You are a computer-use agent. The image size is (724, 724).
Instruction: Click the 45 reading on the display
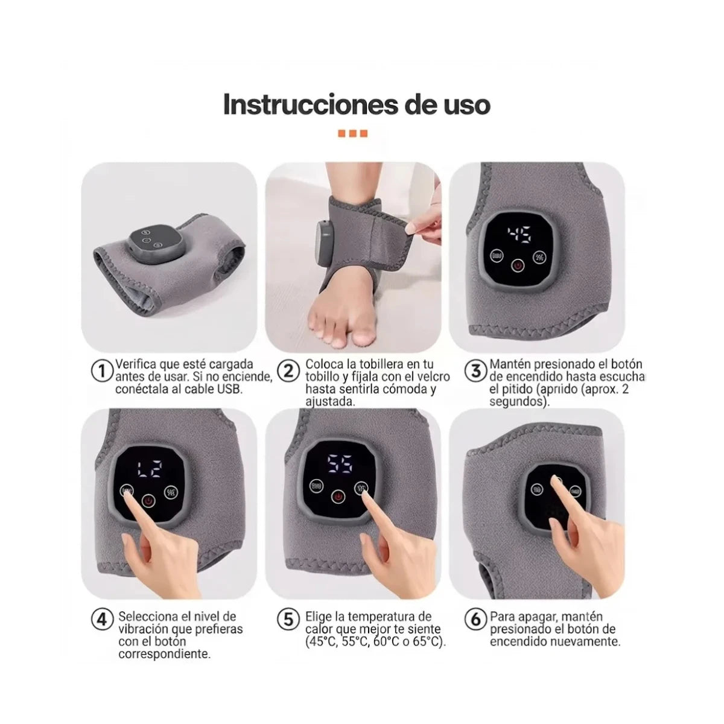[x=519, y=235]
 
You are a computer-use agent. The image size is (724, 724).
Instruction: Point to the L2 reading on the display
[x=150, y=469]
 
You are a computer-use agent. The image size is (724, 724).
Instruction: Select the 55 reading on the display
[x=340, y=464]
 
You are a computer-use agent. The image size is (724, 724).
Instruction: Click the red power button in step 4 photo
[x=148, y=500]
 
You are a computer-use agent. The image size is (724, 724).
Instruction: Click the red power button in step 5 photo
[x=338, y=497]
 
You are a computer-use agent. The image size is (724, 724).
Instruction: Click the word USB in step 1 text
[x=229, y=389]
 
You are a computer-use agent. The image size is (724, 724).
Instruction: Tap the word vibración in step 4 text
[x=145, y=629]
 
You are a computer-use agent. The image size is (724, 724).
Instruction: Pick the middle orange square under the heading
[x=353, y=133]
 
